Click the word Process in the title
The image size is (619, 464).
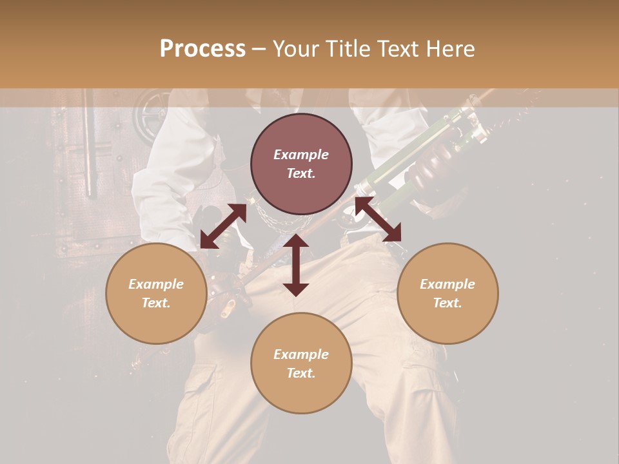[x=202, y=49]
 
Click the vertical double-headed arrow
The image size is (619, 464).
[x=296, y=265]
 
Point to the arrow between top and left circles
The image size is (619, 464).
[x=223, y=227]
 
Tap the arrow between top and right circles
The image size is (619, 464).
[x=378, y=220]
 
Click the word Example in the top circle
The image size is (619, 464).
[x=301, y=155]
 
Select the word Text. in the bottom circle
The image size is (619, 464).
[x=301, y=373]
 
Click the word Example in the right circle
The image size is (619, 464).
[x=447, y=284]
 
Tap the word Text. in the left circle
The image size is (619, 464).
[x=156, y=303]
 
